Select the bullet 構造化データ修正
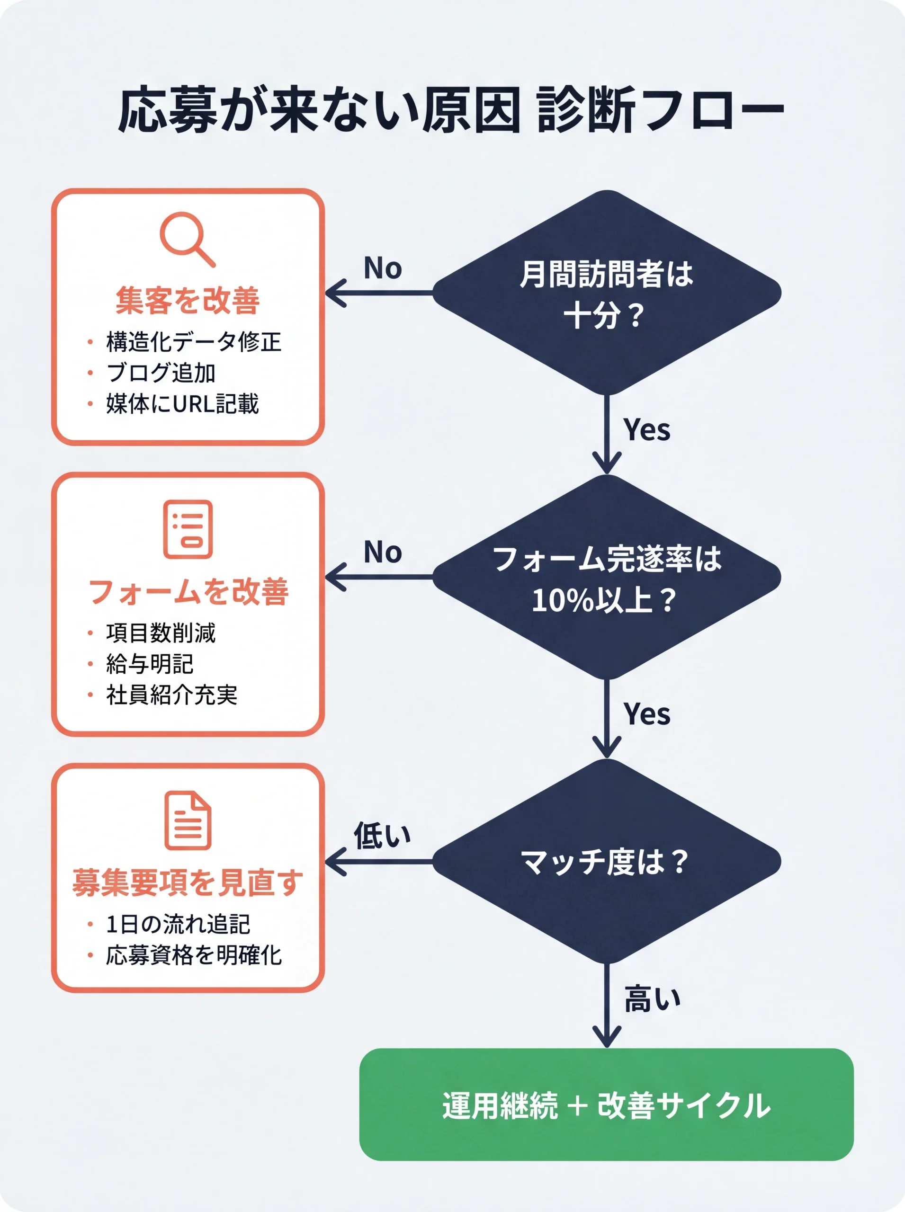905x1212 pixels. pos(193,342)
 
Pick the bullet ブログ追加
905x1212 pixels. pos(161,373)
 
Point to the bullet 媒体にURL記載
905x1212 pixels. pos(182,404)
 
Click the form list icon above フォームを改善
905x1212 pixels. pos(188,529)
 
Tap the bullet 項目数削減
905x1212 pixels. pos(161,633)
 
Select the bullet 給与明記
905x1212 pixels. pos(150,664)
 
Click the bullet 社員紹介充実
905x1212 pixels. pos(171,695)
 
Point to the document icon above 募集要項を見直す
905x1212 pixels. pos(188,820)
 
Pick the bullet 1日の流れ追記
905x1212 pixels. pos(178,924)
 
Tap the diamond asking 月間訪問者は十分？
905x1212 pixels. pos(607,293)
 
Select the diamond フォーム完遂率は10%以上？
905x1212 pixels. pos(607,577)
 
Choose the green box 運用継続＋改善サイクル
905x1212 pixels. pos(607,1105)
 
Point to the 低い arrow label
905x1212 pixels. pos(382,836)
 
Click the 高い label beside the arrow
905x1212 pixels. pos(652,998)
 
